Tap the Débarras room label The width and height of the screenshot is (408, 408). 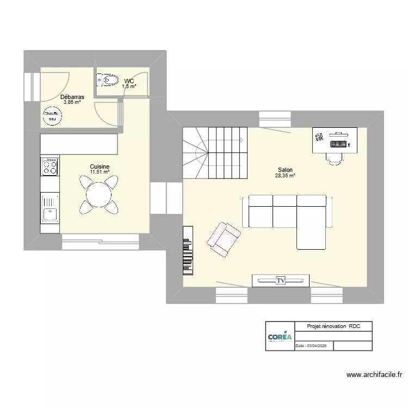click(x=72, y=97)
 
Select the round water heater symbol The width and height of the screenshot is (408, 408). click(x=52, y=116)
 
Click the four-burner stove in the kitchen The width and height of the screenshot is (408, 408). click(x=50, y=166)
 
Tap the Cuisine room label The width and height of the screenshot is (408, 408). click(x=100, y=166)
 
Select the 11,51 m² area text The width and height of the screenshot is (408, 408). click(x=100, y=172)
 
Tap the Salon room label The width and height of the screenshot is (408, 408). click(x=285, y=170)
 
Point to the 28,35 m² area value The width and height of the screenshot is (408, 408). click(x=285, y=176)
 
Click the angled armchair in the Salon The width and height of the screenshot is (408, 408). click(x=223, y=238)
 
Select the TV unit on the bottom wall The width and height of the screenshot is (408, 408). click(x=281, y=281)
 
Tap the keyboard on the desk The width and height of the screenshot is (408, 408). click(x=338, y=144)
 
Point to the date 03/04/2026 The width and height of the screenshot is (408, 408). click(x=314, y=346)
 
